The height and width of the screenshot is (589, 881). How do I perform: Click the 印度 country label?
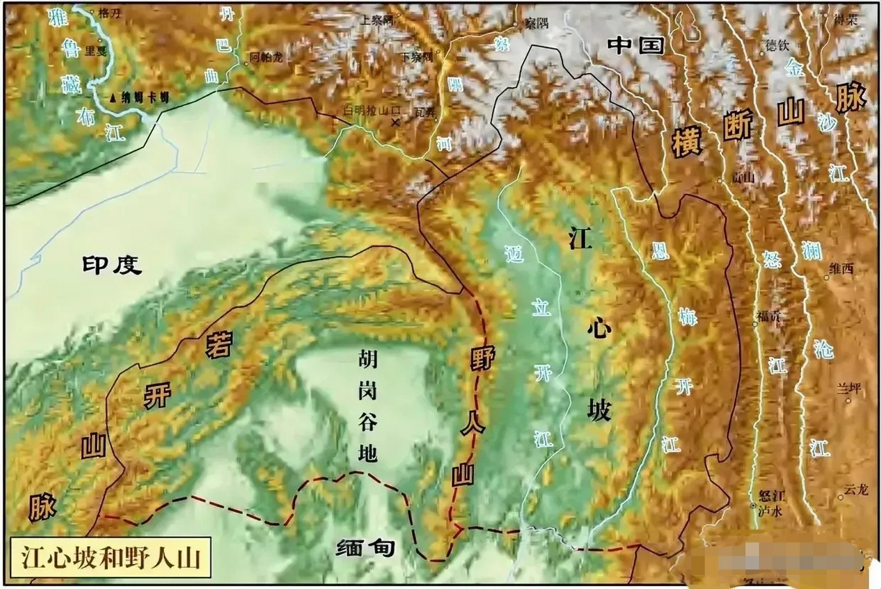111,265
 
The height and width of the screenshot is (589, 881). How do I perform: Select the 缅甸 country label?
366,548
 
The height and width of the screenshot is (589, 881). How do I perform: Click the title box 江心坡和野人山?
111,558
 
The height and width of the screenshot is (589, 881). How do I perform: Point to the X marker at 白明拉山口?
394,122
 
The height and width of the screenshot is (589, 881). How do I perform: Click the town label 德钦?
777,45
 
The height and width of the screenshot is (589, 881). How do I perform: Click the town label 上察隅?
377,20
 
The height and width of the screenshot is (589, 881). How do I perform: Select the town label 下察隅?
417,57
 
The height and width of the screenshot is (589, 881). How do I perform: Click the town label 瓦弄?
424,111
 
